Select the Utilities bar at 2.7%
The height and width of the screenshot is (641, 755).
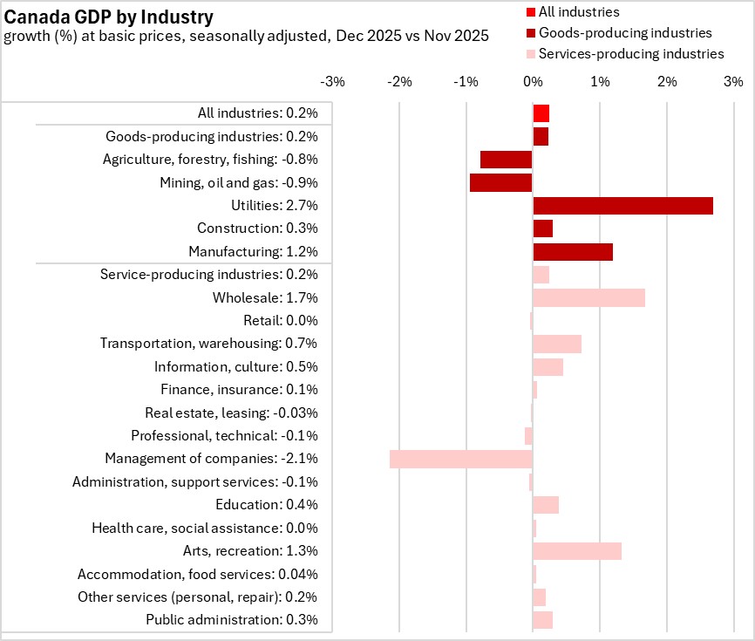622,206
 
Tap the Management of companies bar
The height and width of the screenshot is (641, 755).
461,459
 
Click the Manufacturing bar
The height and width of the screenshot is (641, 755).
573,252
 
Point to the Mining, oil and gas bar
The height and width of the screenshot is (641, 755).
500,182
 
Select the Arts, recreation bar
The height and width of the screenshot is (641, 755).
576,551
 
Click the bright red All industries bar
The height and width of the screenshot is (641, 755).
541,113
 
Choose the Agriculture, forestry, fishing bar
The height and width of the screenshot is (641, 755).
506,160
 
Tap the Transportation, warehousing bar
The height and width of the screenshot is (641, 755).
556,344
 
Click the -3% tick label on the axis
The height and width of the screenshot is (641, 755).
333,82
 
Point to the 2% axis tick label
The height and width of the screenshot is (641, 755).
666,82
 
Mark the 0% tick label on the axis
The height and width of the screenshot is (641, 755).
532,82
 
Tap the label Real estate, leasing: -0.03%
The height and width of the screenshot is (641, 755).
231,413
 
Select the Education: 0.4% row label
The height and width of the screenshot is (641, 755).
266,505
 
